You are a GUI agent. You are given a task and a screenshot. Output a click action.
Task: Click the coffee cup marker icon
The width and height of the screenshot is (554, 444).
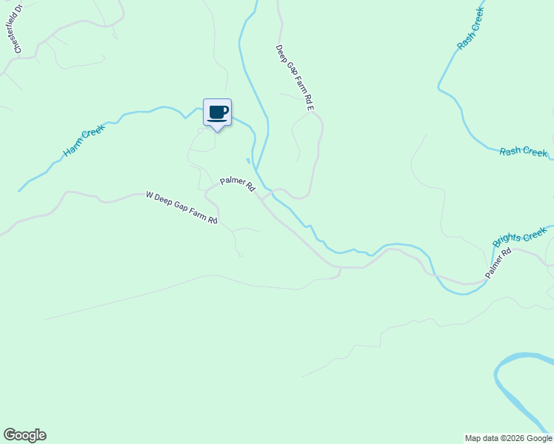[217, 112]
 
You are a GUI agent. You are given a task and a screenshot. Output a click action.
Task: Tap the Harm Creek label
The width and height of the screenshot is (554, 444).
[84, 141]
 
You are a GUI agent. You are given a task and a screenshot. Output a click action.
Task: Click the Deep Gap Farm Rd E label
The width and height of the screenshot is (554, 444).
[296, 79]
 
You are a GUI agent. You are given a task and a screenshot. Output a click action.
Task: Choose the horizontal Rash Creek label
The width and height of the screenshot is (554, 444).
[523, 152]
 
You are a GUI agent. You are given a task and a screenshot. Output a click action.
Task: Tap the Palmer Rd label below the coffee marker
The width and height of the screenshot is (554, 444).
[237, 184]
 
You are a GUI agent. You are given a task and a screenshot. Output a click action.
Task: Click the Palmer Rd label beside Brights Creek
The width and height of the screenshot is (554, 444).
[498, 263]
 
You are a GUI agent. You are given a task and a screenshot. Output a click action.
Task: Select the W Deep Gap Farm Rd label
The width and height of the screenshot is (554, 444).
[181, 208]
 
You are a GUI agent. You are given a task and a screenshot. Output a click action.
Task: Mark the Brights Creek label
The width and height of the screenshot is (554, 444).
[520, 237]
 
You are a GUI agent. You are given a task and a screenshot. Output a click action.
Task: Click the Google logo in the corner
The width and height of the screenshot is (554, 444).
[24, 435]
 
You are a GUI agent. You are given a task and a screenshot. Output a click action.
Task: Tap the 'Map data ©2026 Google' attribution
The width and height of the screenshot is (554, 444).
[508, 438]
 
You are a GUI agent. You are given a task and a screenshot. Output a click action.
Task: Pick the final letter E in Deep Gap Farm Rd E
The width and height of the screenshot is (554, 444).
[311, 109]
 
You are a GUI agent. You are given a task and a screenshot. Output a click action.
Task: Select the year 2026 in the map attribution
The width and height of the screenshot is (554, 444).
[510, 438]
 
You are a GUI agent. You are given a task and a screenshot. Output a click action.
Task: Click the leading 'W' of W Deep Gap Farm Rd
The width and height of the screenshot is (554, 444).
[150, 195]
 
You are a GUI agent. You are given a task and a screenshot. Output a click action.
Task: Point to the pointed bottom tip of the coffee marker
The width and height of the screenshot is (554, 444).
[217, 132]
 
